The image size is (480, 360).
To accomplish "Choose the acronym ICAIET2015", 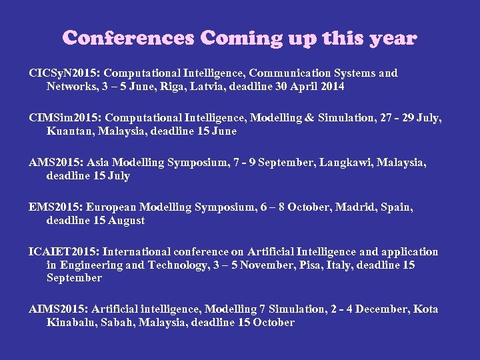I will click(x=63, y=252).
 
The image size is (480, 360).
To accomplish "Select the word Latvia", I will click(x=219, y=87).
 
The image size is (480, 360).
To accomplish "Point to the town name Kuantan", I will click(x=68, y=131).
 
